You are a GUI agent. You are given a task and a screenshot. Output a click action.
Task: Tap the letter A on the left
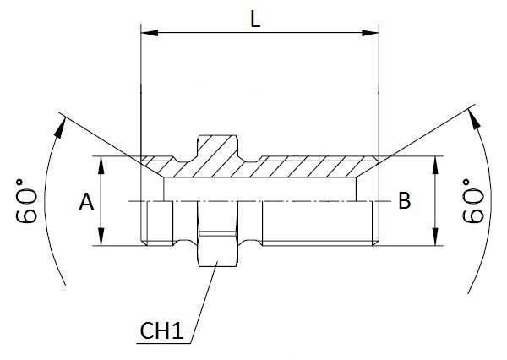[85, 202]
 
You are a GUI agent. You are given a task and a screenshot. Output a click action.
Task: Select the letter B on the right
[404, 201]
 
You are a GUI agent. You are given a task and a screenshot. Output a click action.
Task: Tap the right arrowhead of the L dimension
[373, 35]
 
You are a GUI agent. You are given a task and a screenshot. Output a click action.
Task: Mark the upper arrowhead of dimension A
[101, 162]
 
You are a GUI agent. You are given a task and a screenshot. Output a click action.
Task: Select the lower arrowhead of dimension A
[101, 240]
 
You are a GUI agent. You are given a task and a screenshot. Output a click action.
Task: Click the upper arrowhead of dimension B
[435, 162]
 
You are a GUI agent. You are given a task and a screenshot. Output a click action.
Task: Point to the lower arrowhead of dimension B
[435, 240]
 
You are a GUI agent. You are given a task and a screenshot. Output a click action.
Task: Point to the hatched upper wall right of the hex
[313, 167]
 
